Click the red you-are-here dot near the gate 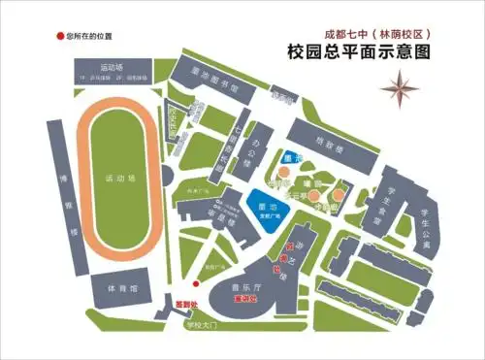(195, 283)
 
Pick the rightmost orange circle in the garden (337, 194)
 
